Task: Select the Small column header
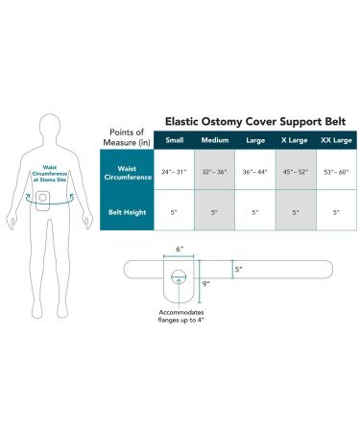click(175, 140)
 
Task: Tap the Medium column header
click(215, 140)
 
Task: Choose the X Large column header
click(293, 140)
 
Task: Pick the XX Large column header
click(333, 140)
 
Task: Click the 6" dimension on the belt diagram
click(180, 248)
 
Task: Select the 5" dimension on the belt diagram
click(238, 270)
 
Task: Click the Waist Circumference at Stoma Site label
click(43, 174)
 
